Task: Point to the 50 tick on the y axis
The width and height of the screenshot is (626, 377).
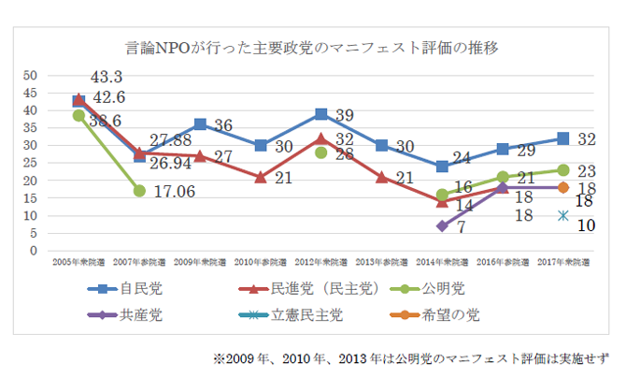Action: coord(30,75)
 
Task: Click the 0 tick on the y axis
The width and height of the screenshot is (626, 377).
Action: coord(34,251)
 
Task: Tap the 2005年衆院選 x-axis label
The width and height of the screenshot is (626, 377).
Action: coord(78,264)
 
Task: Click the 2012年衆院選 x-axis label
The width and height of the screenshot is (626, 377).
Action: coord(320,264)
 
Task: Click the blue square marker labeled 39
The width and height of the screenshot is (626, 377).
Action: coord(320,114)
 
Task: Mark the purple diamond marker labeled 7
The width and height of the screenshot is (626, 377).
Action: coord(441,226)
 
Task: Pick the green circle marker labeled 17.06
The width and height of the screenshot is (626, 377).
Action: coord(139,191)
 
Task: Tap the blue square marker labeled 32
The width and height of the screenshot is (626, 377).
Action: coord(562,138)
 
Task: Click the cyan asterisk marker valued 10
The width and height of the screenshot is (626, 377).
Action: coord(562,216)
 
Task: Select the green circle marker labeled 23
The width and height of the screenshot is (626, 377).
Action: coord(562,170)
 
